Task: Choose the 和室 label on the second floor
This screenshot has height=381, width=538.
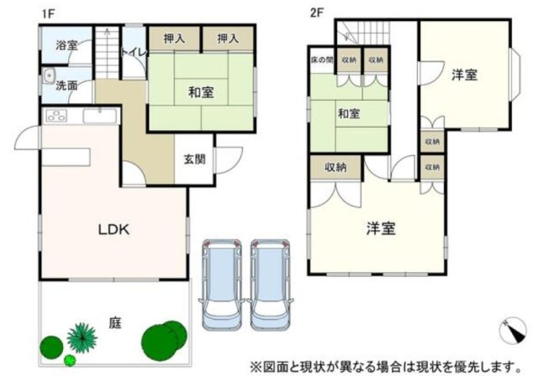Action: [x=350, y=112]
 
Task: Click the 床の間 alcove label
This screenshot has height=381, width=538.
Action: [x=322, y=60]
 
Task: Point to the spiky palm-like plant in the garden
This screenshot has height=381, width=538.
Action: [x=82, y=337]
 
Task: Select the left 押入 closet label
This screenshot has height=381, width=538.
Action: [x=175, y=38]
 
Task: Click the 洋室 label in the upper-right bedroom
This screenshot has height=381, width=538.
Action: [x=464, y=75]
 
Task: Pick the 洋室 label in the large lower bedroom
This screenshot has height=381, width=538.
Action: [x=381, y=227]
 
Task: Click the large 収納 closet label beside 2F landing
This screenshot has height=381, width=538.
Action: [x=335, y=166]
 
